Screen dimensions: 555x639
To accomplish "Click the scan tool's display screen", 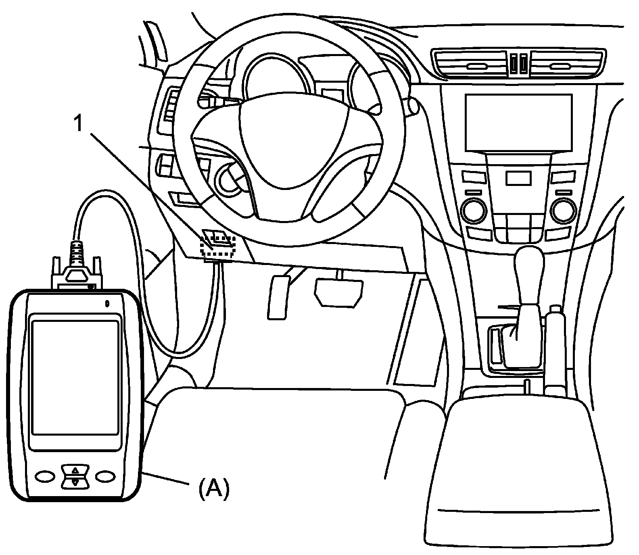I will click(x=75, y=377).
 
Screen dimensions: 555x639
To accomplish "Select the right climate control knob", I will click(x=563, y=210).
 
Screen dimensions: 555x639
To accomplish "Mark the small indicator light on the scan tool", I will click(x=107, y=303).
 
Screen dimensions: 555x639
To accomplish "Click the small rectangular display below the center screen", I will click(x=518, y=178).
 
